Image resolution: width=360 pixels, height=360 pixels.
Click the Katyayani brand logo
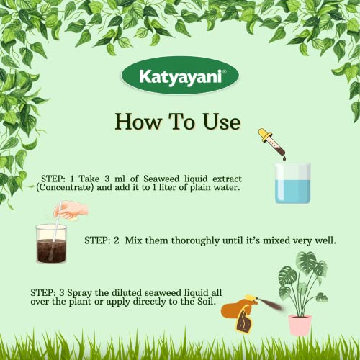click(x=180, y=76)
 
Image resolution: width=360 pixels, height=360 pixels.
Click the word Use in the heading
click(x=221, y=122)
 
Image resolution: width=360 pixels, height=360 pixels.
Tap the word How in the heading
click(x=138, y=122)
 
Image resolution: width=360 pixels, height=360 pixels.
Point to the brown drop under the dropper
click(x=284, y=158)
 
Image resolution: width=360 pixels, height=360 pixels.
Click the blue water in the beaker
click(x=293, y=191)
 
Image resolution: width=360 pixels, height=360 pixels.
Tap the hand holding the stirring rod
click(x=71, y=210)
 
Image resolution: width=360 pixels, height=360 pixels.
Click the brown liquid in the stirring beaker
click(x=51, y=251)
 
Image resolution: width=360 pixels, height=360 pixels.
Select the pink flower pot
click(x=300, y=325)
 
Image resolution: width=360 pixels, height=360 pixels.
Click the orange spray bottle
click(x=240, y=312)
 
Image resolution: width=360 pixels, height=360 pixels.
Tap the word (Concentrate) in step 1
click(x=65, y=187)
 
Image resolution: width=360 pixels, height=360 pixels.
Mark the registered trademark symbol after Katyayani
click(x=224, y=71)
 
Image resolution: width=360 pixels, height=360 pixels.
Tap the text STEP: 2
click(x=102, y=240)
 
